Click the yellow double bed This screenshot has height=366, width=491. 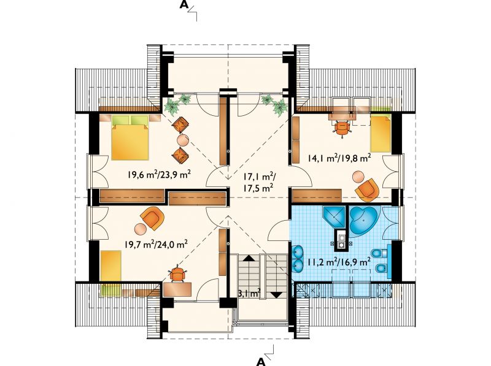[x=130, y=138]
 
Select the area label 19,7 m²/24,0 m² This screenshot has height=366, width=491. [x=156, y=244]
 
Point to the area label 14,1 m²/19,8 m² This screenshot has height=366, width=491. [x=339, y=158]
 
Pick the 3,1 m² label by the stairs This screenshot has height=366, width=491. [x=250, y=294]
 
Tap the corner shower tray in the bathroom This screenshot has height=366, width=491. [x=333, y=217]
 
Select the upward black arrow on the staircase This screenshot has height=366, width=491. [x=249, y=258]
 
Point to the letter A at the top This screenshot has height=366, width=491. [x=184, y=6]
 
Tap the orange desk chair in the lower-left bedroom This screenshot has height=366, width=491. [x=177, y=273]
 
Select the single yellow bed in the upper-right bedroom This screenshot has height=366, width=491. [x=380, y=134]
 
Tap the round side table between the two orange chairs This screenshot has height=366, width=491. [x=183, y=140]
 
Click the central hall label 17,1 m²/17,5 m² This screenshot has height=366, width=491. [x=259, y=182]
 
